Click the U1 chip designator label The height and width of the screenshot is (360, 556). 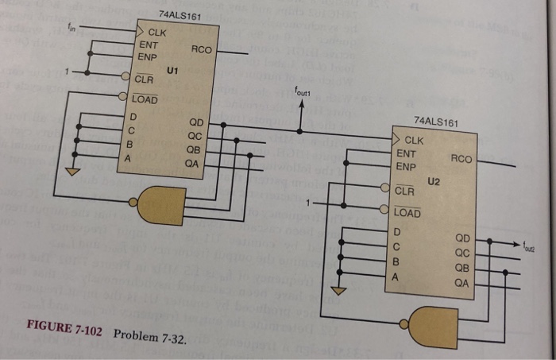[x=172, y=72]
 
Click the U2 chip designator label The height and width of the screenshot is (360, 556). [x=433, y=181]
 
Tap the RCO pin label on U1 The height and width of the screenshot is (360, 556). [x=201, y=49]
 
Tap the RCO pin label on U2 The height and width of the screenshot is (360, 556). [x=461, y=159]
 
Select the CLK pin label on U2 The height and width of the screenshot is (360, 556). [x=414, y=141]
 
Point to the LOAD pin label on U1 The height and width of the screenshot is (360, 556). [x=145, y=100]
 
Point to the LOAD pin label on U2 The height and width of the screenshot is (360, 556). [x=407, y=213]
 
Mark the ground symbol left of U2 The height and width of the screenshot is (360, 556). [x=339, y=291]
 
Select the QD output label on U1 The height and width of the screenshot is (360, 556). [x=195, y=123]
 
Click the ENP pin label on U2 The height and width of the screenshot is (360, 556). [x=406, y=167]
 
